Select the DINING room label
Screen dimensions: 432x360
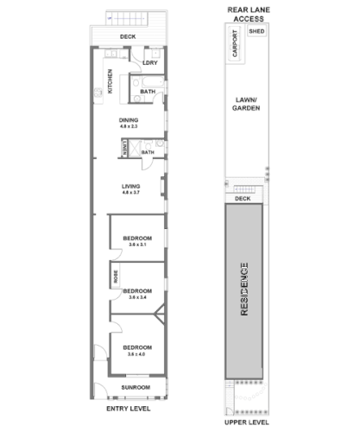click(129, 120)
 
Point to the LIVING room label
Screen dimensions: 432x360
click(131, 186)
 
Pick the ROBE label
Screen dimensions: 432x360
click(116, 276)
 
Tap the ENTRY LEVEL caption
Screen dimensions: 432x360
click(128, 408)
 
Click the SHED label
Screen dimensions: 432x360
click(256, 31)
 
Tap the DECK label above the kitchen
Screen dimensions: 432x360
click(128, 37)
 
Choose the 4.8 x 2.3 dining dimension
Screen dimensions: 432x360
click(129, 127)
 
